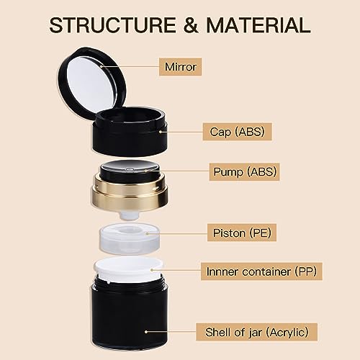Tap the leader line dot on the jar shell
pos(146,332)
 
